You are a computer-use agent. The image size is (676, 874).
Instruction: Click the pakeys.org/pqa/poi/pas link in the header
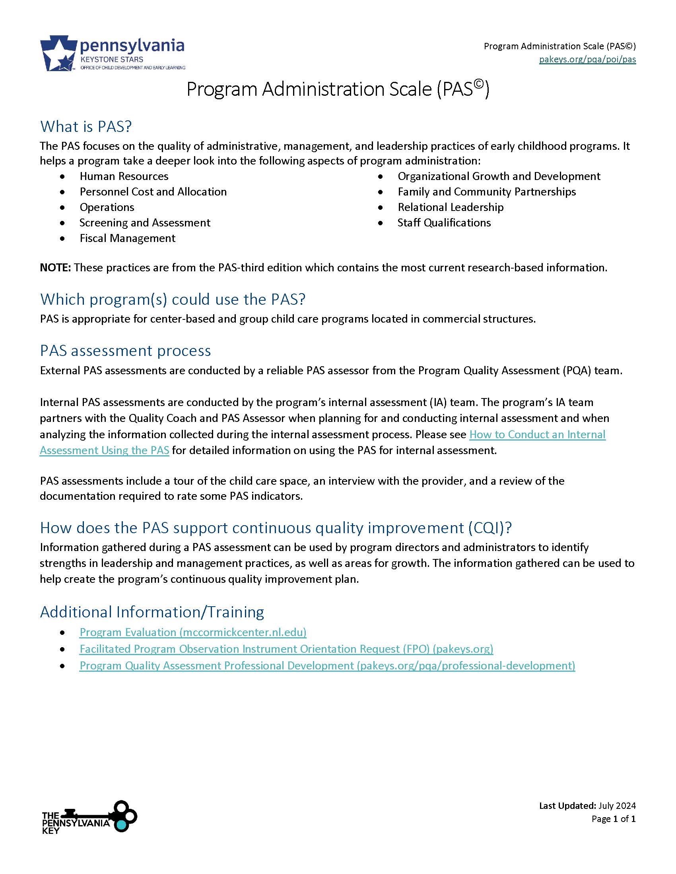587,60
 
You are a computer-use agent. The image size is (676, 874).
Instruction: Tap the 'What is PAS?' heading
86,126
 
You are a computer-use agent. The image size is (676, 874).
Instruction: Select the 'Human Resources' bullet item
124,176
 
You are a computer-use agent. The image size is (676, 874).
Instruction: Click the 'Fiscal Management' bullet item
127,238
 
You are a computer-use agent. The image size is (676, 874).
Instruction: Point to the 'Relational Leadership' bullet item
450,207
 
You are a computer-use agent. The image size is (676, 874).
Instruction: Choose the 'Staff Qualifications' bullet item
444,222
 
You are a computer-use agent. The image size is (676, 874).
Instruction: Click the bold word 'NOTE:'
55,267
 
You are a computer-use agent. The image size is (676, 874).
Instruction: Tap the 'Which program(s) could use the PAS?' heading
173,299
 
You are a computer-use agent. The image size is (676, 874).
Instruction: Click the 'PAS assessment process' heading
125,350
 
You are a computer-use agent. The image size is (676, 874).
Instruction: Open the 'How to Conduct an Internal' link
537,434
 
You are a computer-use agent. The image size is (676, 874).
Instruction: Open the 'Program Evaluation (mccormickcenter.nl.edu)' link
193,632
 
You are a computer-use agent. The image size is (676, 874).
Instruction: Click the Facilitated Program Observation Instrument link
286,649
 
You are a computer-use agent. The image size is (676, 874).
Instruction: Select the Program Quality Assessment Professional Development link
327,665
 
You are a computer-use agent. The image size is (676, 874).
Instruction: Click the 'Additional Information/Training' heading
152,612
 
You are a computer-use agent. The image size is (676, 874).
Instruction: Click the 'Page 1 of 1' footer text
613,819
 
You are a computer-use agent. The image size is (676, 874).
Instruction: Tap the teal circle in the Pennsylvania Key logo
122,825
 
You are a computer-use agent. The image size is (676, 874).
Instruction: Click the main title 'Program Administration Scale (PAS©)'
338,89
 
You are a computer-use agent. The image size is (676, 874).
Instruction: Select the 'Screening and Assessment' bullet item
145,222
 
